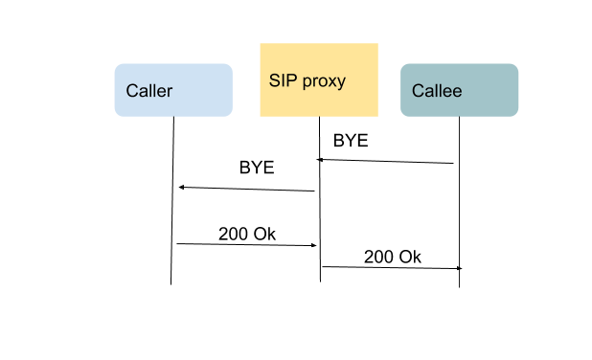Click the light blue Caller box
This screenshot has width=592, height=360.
(x=173, y=90)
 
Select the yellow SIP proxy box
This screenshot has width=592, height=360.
(x=318, y=79)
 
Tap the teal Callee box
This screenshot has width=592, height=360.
(x=459, y=90)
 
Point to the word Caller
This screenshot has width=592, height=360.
(x=149, y=92)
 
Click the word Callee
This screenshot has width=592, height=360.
(x=436, y=92)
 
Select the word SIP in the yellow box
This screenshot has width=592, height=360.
(x=282, y=80)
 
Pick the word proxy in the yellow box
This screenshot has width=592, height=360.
(x=323, y=81)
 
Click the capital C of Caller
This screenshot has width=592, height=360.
(x=132, y=92)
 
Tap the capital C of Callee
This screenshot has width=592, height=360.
(x=418, y=92)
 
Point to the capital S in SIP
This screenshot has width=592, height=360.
(x=274, y=80)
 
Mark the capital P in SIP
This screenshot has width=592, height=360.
(x=290, y=80)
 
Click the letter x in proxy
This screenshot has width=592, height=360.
(x=331, y=81)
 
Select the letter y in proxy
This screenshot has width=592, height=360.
(x=341, y=82)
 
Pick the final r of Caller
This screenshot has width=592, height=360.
(x=170, y=92)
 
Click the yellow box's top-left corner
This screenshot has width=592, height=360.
(x=261, y=44)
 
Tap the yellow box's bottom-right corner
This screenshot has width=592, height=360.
(x=377, y=116)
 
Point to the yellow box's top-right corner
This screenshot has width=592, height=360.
(x=377, y=44)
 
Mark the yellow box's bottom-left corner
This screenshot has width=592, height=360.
(x=261, y=116)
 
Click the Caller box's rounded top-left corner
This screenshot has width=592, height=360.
(x=117, y=66)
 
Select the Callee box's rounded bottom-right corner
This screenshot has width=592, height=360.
(x=516, y=114)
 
